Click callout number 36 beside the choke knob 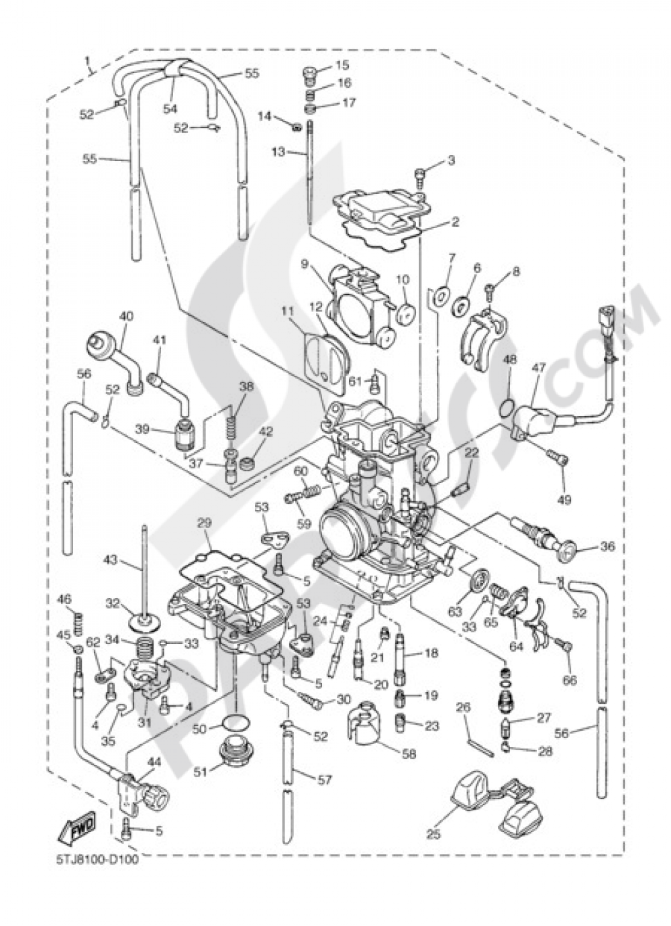coord(607,547)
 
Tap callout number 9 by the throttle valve coord(305,264)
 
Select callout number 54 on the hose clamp coord(170,107)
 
